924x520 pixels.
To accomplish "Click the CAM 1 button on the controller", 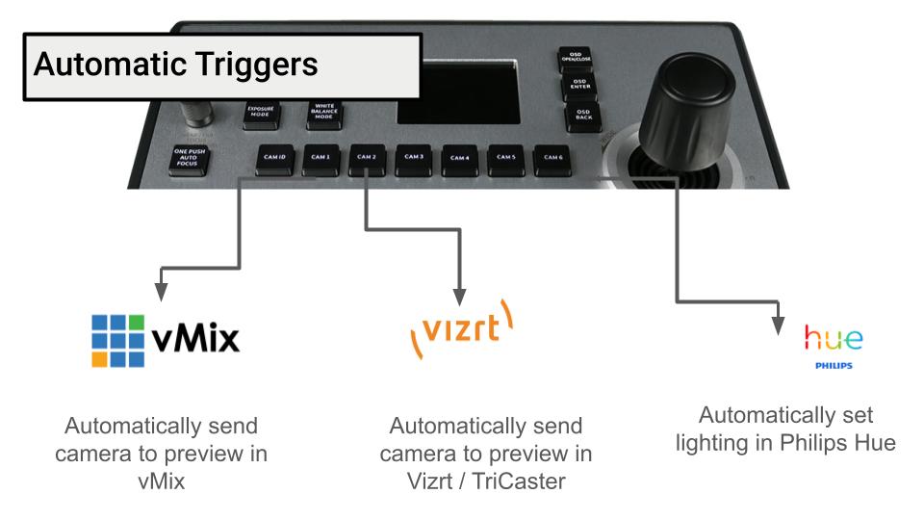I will pos(320,158).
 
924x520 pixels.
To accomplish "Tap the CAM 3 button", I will pos(413,158).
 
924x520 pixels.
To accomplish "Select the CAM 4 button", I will pos(459,159).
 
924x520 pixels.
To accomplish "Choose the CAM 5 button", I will pos(506,159).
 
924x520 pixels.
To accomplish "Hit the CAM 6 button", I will pos(552,159).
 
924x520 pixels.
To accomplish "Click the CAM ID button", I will pos(273,158).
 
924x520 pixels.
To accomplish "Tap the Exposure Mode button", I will pos(260,112).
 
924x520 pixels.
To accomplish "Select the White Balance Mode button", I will pos(323,112).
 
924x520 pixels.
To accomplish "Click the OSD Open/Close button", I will pos(575,61).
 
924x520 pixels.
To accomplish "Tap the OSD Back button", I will pos(582,117).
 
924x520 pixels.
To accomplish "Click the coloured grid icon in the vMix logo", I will pos(118,339).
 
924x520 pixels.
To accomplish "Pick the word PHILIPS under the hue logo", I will pos(834,367).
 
